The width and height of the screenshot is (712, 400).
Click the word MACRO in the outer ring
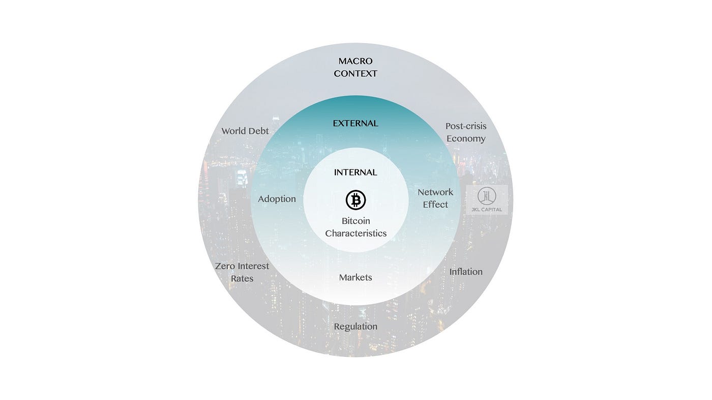355,61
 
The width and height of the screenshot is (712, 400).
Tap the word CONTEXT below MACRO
355,74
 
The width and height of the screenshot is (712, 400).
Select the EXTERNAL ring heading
355,123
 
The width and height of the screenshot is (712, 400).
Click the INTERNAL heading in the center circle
355,173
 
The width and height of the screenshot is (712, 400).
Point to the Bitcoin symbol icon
355,200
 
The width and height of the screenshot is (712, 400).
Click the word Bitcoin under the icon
355,221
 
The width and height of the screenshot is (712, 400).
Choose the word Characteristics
355,234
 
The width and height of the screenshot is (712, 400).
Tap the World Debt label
245,131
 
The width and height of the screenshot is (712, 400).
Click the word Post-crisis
466,126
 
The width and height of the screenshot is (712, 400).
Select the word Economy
466,139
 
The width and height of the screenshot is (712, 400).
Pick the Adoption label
277,199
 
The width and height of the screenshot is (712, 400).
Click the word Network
435,192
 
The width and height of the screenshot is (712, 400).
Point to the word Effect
435,205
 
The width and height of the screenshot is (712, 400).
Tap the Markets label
355,278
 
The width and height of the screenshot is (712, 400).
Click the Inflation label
466,272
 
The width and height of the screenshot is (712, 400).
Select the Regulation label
355,326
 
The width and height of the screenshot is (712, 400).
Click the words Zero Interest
242,266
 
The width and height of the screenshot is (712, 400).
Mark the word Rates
242,279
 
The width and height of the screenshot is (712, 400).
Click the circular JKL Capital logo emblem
487,196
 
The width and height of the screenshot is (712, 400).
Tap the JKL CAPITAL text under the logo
487,210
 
